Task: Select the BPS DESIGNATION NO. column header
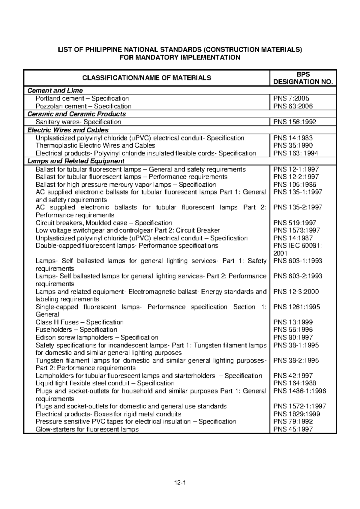303,78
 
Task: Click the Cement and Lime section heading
55,90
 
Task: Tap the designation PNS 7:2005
291,98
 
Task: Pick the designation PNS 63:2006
293,106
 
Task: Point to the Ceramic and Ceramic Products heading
76,114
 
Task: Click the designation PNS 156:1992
295,122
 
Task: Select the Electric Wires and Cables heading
68,130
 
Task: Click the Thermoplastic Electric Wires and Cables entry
95,146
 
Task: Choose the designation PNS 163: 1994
296,153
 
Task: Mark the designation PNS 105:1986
295,185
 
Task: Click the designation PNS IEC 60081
297,246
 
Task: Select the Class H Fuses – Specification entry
79,322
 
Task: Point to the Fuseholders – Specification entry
76,330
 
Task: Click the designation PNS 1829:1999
297,414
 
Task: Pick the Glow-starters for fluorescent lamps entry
87,429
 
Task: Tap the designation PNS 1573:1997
297,230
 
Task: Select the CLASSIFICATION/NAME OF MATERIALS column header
147,78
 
